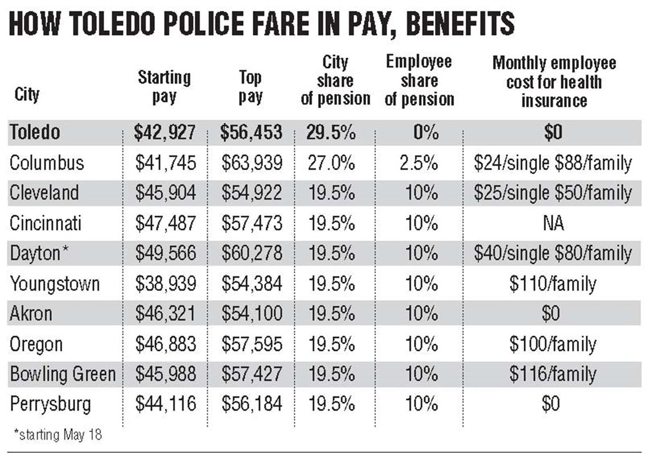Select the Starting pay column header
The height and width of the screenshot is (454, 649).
(x=164, y=86)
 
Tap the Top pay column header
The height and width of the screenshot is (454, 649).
(x=250, y=86)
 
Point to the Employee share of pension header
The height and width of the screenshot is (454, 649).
(x=419, y=81)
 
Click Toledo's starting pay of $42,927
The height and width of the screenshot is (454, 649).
(x=165, y=133)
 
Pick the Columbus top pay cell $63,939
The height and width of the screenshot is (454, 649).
(x=252, y=163)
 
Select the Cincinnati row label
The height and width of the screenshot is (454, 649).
(x=46, y=223)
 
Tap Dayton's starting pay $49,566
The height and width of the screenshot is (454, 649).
(x=165, y=253)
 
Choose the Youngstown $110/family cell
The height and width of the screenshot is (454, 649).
(x=553, y=283)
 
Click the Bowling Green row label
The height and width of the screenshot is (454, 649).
(x=62, y=374)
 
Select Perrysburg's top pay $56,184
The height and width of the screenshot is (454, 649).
(x=252, y=404)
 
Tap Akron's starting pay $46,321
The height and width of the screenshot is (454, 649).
(x=165, y=313)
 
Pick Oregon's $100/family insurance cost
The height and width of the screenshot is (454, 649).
(x=553, y=344)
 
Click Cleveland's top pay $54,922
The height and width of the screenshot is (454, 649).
(x=252, y=193)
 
